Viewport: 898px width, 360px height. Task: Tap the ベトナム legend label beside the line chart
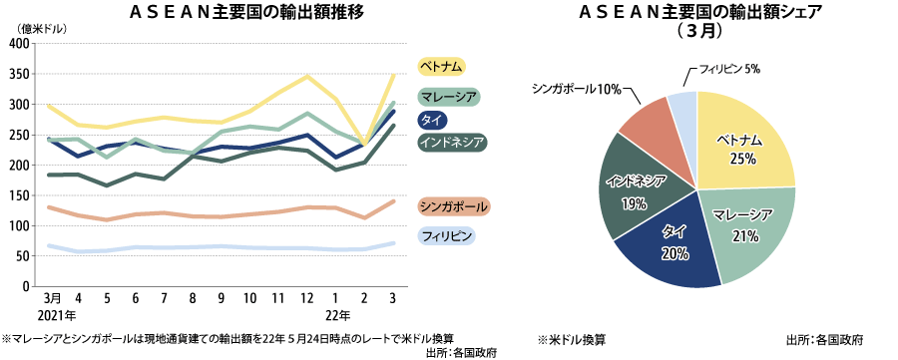tap(442, 67)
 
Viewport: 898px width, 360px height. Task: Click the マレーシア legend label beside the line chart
tap(449, 97)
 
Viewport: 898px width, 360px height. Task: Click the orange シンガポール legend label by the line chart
tap(454, 206)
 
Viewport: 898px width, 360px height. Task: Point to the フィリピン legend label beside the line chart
tap(446, 236)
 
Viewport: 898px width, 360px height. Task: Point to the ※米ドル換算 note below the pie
tap(571, 338)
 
